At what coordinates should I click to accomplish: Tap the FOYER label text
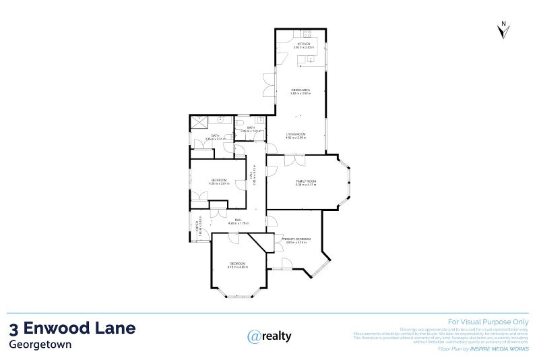point(197,227)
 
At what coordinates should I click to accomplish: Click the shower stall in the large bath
point(200,123)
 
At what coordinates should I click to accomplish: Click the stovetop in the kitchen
point(307,33)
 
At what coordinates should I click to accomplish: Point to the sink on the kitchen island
point(312,59)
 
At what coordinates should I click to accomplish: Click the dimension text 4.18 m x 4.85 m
point(237,267)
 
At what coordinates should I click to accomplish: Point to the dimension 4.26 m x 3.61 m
point(218,183)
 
